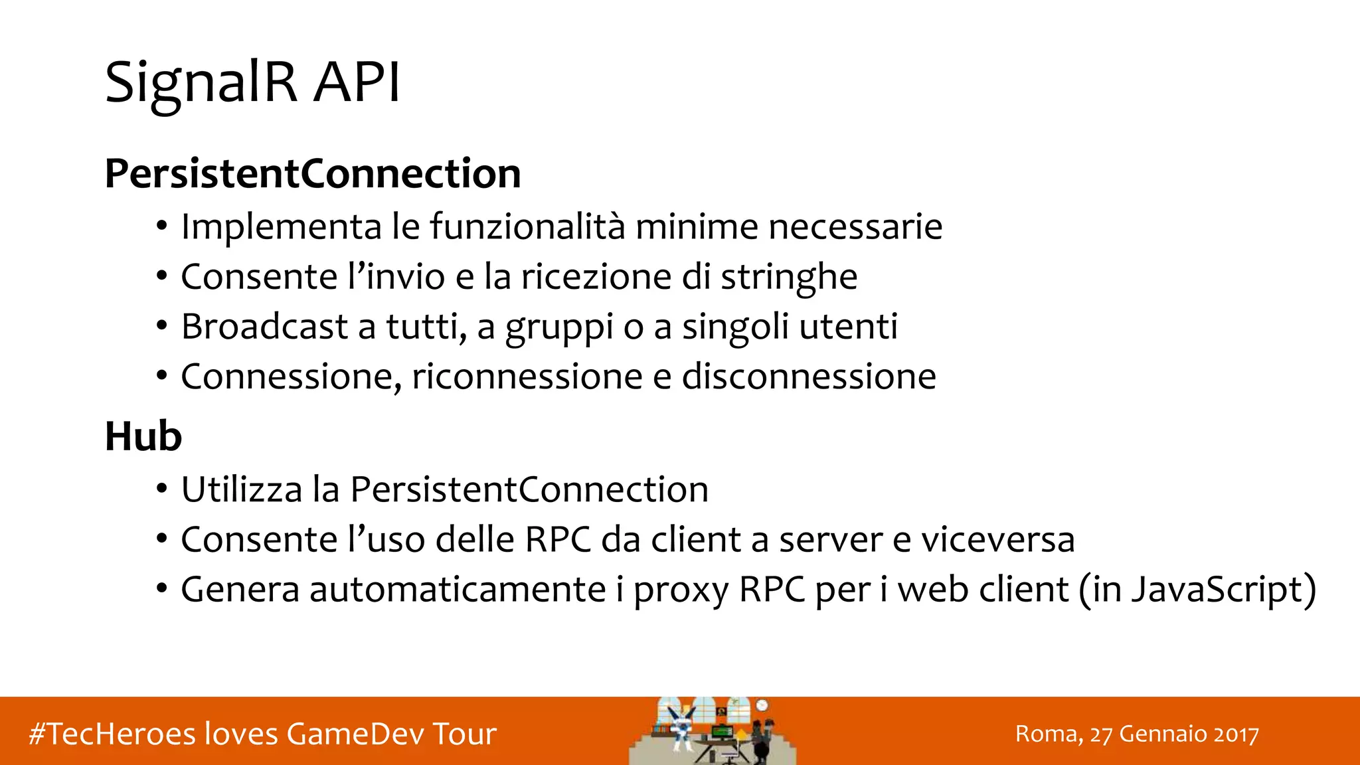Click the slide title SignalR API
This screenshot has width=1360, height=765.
click(252, 82)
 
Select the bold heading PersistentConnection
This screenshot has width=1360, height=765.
click(313, 174)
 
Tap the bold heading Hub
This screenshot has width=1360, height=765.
click(143, 437)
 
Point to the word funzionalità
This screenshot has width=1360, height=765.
click(527, 226)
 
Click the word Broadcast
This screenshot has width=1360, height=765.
click(264, 327)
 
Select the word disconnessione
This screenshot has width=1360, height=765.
click(809, 377)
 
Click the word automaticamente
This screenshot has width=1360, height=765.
click(458, 590)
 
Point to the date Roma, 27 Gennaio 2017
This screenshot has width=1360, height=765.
click(1137, 734)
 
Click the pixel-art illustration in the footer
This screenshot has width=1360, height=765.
click(712, 731)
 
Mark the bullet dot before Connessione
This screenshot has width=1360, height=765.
click(161, 377)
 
